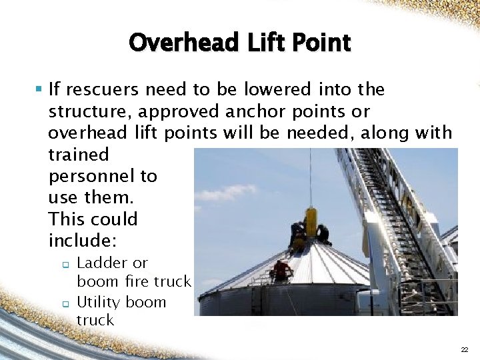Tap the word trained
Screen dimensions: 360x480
click(x=78, y=155)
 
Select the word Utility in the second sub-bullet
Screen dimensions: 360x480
click(x=99, y=302)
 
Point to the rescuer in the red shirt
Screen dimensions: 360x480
click(x=282, y=269)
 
